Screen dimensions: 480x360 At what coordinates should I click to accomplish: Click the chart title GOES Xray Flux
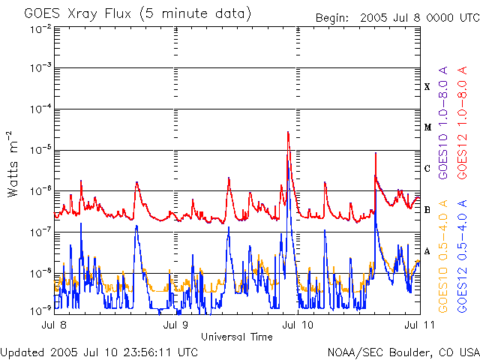77,13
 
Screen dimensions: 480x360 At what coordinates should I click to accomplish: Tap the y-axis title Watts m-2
13,163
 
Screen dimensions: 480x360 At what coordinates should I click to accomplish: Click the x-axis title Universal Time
237,337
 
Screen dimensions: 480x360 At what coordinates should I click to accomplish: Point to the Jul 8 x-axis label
54,325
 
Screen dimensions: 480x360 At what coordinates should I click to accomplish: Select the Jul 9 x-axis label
175,325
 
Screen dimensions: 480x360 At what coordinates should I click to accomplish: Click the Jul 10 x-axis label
298,325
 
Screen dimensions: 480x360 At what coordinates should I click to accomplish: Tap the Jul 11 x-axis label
419,325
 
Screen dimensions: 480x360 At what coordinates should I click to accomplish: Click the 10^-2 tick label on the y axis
40,30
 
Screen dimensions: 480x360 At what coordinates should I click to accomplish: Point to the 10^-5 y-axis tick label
40,150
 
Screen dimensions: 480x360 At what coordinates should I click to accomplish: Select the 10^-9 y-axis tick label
40,310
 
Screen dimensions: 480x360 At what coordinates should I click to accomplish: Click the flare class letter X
427,87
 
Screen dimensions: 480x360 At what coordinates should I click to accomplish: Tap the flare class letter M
427,127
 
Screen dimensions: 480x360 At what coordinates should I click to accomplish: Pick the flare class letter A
427,251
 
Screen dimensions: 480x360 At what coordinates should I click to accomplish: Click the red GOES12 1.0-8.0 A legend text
462,123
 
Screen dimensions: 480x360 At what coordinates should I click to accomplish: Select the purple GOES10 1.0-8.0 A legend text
443,123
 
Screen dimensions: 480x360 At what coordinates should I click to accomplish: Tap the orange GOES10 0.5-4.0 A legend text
443,256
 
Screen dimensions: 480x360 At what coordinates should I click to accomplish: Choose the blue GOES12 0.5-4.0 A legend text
462,256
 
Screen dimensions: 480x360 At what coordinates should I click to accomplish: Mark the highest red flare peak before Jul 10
288,132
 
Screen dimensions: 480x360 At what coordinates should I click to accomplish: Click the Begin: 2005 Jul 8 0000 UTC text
397,18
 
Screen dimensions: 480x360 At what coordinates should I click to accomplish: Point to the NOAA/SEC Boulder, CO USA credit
403,352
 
